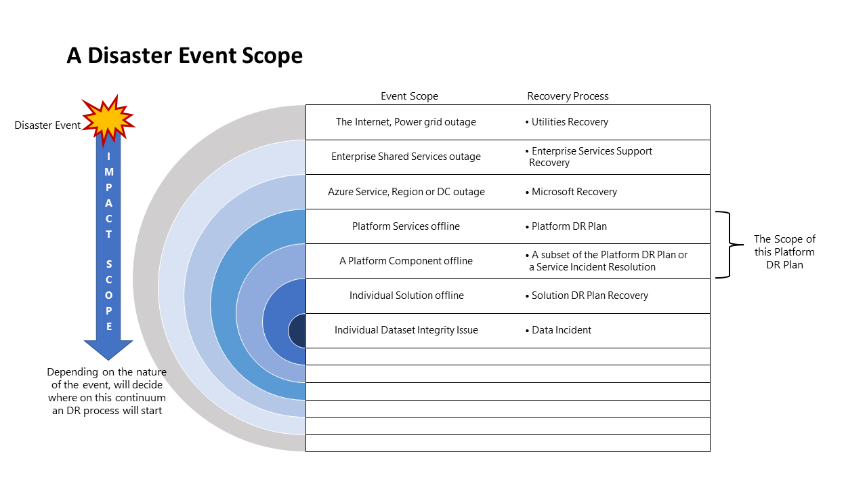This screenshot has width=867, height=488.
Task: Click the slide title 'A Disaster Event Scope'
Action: coord(184,56)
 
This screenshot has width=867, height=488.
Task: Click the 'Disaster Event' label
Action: coord(47,125)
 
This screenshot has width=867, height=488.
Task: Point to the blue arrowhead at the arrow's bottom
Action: coord(108,348)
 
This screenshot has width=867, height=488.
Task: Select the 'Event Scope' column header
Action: coord(409,96)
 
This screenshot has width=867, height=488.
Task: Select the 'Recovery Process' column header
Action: coord(568,96)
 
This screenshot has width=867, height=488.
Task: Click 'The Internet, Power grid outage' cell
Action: coord(406,122)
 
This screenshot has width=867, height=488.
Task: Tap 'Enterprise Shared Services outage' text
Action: coord(406,157)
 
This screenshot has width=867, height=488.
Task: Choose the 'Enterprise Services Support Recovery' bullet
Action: coord(589,157)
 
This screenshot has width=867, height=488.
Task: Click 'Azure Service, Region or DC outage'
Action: coord(406,192)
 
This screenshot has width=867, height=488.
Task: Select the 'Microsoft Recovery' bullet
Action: coord(573,192)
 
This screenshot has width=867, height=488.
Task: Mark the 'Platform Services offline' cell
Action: coord(406,226)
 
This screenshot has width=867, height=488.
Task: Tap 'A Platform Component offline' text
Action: coord(406,261)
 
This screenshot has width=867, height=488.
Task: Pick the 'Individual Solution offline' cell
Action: coord(406,296)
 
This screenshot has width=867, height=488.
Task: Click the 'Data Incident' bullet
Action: coord(560,330)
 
